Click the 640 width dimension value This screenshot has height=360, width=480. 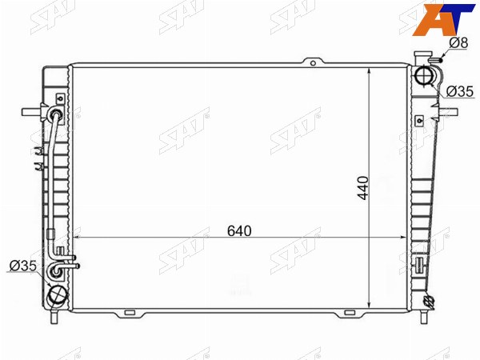coord(239,231)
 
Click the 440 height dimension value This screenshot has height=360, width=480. coord(363,188)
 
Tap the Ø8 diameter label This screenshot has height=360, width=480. coord(458,43)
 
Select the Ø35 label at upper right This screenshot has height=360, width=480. coord(460,91)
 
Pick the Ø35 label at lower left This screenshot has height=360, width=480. coord(23,266)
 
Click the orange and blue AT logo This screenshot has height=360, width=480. coord(443,19)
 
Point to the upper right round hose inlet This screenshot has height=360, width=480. coord(424,75)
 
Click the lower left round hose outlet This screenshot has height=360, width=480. coord(57,296)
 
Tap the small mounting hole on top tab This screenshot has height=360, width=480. coord(313,63)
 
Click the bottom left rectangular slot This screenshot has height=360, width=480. coord(130,313)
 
